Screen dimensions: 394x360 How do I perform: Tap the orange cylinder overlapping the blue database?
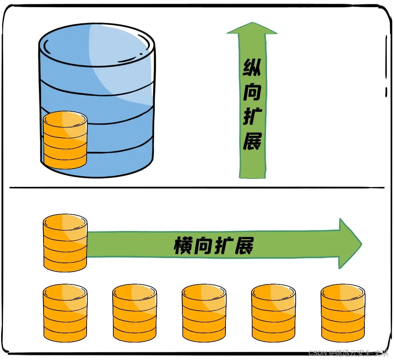(x=65, y=140)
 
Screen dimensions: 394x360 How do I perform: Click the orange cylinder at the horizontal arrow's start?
(x=65, y=243)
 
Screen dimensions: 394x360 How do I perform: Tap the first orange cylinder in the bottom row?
(x=65, y=313)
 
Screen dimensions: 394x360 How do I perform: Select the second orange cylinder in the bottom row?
(x=135, y=313)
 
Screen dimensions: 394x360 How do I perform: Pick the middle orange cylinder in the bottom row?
(x=204, y=313)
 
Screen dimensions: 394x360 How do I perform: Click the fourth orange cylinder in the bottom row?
(x=273, y=313)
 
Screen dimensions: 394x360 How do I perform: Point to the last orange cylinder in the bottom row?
(x=343, y=313)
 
